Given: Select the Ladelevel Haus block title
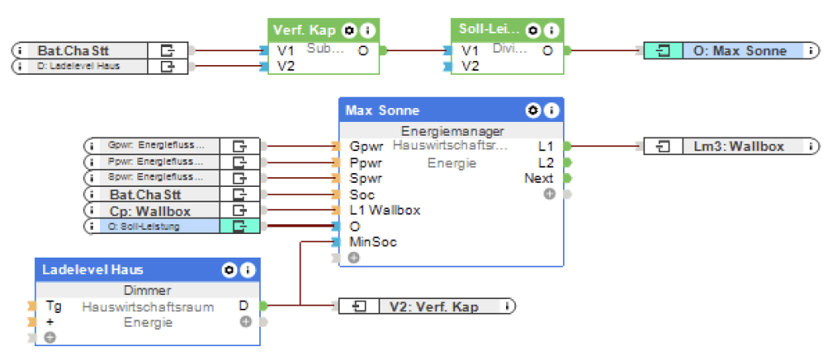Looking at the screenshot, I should [x=93, y=269].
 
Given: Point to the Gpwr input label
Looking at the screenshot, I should [x=366, y=146].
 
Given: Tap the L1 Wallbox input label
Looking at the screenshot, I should [x=384, y=210].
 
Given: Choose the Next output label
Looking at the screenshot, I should [x=539, y=178].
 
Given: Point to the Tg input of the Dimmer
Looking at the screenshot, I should [x=53, y=306].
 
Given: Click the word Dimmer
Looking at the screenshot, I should [x=146, y=290].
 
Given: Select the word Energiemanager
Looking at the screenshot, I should [x=453, y=130].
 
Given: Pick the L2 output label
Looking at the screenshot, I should [x=545, y=163].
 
